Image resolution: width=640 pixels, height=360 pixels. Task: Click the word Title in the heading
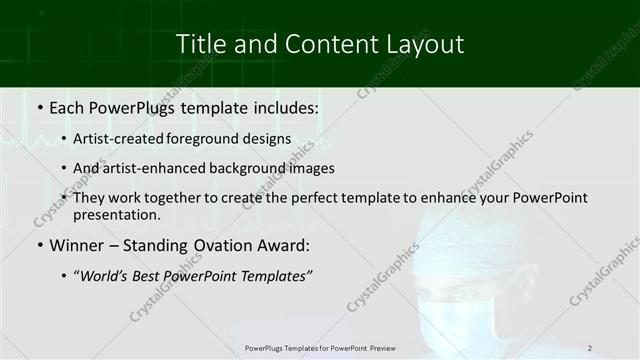pyautogui.click(x=199, y=44)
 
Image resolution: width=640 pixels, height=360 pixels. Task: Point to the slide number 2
pyautogui.click(x=590, y=348)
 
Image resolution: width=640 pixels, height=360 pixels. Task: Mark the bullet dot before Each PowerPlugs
pyautogui.click(x=39, y=106)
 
